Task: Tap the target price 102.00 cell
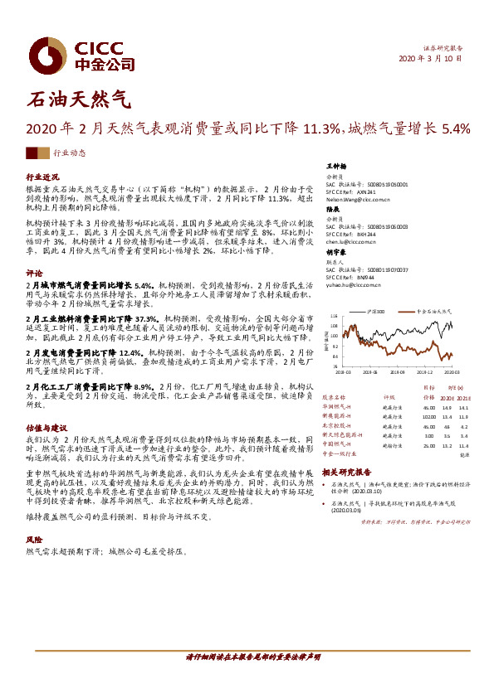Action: point(405,418)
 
